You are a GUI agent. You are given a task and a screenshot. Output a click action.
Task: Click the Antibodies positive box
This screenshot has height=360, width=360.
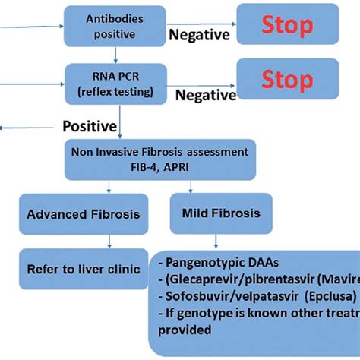[114, 25]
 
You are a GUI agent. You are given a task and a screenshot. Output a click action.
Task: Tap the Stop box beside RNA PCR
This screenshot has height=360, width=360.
[286, 78]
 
